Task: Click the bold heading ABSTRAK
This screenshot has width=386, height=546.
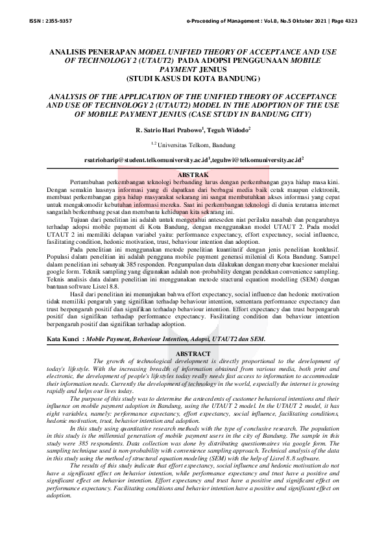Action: (x=193, y=175)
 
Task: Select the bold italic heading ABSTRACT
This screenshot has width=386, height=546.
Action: (x=193, y=353)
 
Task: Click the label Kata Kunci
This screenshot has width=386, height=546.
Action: (x=64, y=339)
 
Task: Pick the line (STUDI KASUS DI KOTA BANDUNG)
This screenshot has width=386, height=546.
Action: (x=193, y=79)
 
